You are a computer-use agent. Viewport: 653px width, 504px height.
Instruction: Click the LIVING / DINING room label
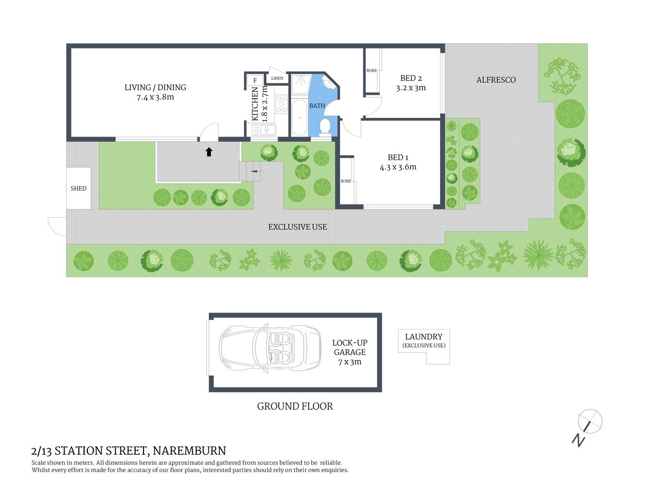click(155, 88)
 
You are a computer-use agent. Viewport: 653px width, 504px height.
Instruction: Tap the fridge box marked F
click(255, 80)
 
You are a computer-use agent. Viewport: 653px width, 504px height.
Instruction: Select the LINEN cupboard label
click(277, 78)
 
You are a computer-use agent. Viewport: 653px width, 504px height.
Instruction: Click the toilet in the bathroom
click(325, 127)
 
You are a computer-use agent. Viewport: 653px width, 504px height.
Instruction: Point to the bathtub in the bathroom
click(299, 117)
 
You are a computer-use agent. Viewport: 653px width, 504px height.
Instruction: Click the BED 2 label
click(411, 78)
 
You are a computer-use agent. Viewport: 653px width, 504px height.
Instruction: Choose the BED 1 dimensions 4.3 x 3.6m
click(398, 167)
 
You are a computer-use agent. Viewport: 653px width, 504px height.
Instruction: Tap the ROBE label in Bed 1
click(345, 181)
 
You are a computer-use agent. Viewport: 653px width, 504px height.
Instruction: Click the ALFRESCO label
click(496, 80)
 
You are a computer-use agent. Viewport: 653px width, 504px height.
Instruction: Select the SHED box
click(78, 188)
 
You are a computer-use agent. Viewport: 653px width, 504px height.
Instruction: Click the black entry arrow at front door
click(209, 152)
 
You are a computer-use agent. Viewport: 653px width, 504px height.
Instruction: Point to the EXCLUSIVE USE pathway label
click(298, 227)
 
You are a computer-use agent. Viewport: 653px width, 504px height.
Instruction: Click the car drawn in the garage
click(270, 348)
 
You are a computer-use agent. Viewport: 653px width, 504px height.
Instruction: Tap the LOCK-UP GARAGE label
click(350, 348)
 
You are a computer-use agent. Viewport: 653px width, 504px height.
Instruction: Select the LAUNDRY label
click(424, 337)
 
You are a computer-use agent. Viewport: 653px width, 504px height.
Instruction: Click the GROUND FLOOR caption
click(295, 406)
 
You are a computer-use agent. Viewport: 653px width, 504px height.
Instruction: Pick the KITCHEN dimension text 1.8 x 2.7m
click(264, 103)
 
